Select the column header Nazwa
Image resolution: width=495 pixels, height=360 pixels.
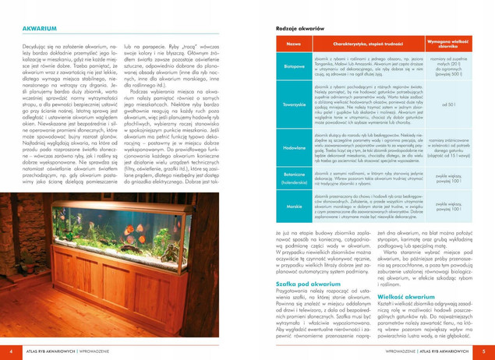pyautogui.click(x=293, y=44)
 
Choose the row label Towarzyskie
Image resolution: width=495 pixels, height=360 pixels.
pyautogui.click(x=294, y=103)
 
